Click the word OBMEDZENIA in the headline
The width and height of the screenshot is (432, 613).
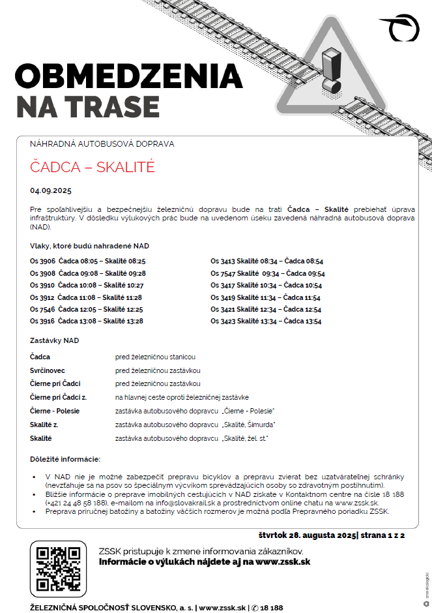tap(128, 76)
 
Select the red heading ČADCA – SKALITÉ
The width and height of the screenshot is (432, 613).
tap(93, 167)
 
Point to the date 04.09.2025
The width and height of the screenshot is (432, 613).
tap(50, 191)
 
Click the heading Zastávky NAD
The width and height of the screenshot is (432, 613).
tap(55, 340)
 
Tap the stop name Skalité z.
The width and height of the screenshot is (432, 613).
tap(46, 425)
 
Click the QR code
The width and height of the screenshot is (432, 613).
tap(58, 569)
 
